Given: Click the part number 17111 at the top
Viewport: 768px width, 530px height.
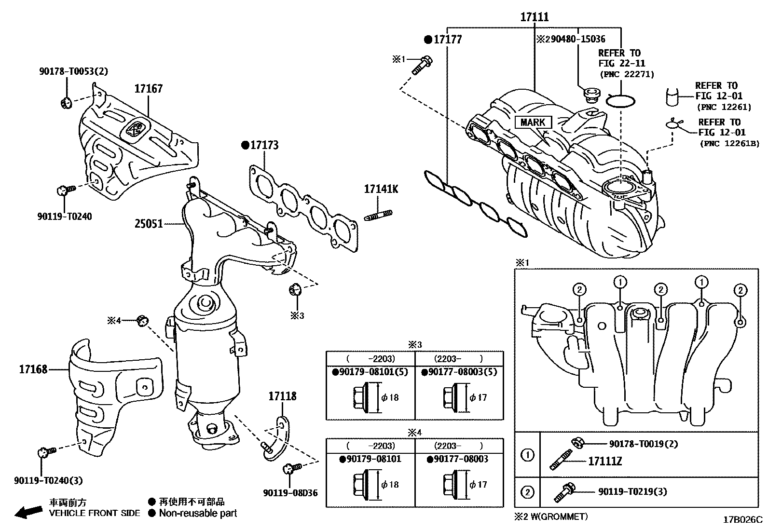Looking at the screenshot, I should [535, 17].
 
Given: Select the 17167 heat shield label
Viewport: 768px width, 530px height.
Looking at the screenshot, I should [148, 89].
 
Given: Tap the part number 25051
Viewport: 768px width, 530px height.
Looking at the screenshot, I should [149, 224].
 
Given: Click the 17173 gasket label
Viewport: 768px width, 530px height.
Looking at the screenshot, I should [263, 145].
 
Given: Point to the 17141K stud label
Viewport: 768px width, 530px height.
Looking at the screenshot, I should [381, 189].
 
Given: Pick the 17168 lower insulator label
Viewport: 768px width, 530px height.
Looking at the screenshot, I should [33, 369].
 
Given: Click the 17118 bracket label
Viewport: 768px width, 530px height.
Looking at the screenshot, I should [282, 396].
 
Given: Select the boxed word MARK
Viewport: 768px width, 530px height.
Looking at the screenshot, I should [533, 122].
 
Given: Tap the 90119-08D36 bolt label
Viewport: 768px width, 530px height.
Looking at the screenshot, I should [290, 493].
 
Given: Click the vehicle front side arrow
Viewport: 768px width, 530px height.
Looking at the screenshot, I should [28, 512].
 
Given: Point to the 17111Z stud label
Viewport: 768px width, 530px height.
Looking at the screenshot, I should [605, 462].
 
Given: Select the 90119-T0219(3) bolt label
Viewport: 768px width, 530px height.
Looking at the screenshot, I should [632, 491].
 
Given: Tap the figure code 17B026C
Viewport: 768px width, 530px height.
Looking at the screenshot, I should [742, 520].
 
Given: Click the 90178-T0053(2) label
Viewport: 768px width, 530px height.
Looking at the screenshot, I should [73, 71].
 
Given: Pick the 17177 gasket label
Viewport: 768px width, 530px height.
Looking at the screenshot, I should [447, 40].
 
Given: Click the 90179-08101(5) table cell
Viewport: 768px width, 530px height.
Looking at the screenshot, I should [370, 372].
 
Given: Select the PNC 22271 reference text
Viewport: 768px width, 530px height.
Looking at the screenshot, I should [627, 74].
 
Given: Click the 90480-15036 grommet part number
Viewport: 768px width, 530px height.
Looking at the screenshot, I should [576, 39].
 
